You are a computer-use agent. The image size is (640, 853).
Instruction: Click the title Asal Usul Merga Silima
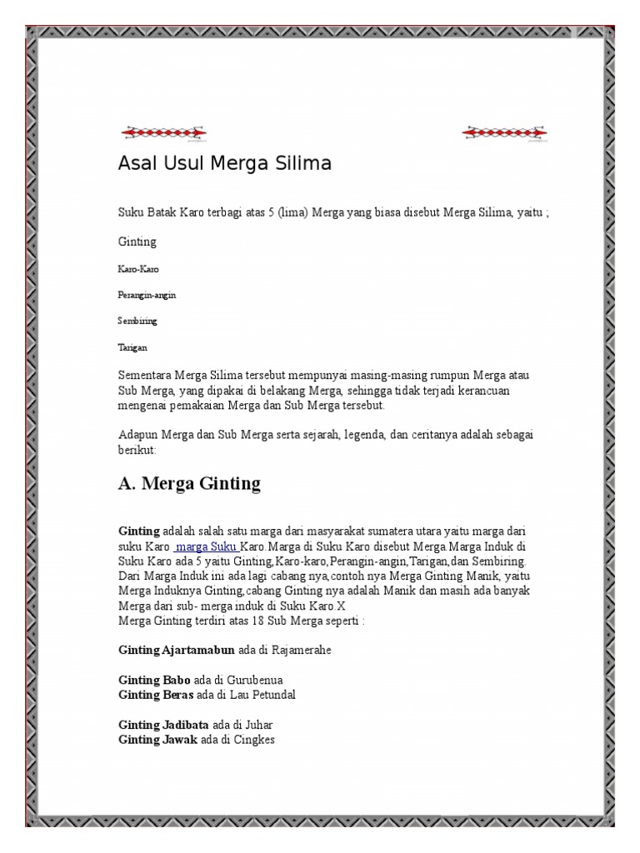pos(224,164)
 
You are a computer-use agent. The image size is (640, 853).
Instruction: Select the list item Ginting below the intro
pos(137,242)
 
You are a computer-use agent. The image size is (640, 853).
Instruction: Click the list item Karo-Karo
pos(138,270)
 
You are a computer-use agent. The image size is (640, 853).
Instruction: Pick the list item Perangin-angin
pos(147,295)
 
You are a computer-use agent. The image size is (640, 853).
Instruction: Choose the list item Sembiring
pos(137,321)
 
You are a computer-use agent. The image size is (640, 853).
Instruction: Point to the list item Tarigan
pos(133,347)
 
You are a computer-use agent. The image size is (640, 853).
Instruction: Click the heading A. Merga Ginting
pos(189,483)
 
